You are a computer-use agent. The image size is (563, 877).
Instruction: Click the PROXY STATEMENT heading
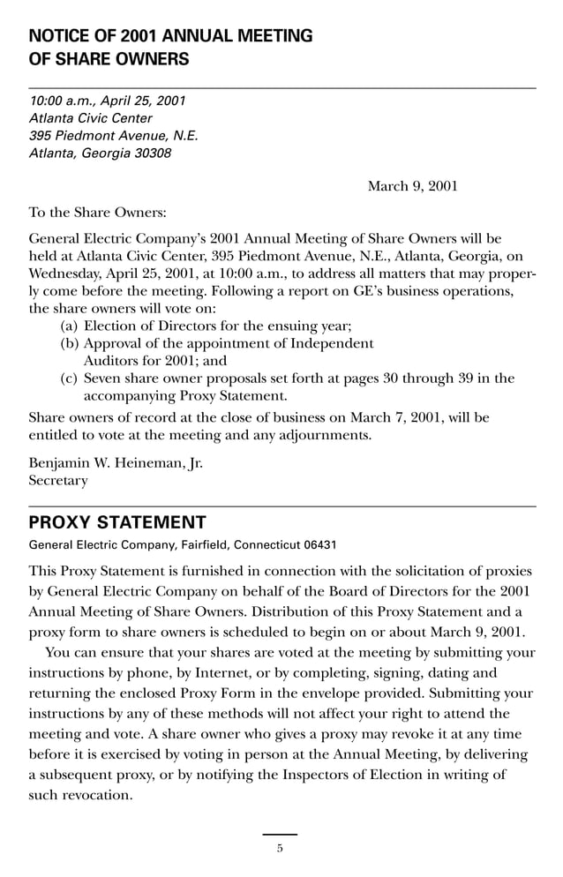[x=117, y=522]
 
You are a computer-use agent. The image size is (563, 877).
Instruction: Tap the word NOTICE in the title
[x=60, y=36]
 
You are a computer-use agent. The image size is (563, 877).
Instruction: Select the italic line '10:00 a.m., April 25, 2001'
[x=108, y=101]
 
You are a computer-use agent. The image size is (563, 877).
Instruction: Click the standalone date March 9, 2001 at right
[x=412, y=186]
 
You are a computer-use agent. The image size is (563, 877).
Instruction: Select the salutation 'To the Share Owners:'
[x=97, y=213]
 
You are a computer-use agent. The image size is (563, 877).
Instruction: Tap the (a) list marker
[x=69, y=326]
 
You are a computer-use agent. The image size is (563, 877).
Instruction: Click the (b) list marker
[x=69, y=343]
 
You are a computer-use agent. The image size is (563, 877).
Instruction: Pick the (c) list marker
[x=69, y=379]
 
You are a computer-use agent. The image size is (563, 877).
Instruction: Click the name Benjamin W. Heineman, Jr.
[x=116, y=463]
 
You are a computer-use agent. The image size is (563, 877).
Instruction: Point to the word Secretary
[x=58, y=481]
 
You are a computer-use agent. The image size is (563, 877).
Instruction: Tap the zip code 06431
[x=317, y=544]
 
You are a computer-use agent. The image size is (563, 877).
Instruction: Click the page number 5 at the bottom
[x=280, y=849]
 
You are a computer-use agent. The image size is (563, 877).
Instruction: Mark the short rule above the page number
[x=280, y=834]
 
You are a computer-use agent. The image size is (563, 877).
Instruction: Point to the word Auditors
[x=112, y=360]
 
